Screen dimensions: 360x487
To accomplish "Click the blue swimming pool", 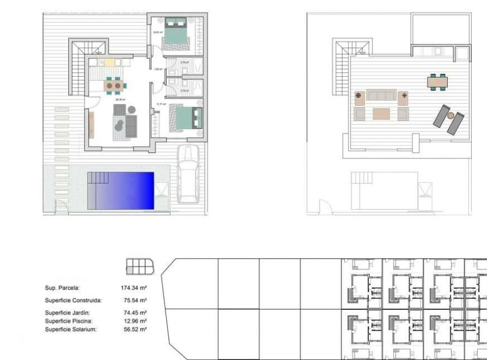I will (121, 190).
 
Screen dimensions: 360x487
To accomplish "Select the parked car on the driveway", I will (188, 173).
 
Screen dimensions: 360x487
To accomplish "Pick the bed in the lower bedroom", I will (187, 118).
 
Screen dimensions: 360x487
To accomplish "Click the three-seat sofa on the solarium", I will (381, 96).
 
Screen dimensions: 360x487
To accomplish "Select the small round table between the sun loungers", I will (451, 115).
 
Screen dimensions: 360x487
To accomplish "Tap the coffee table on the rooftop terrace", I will (381, 114).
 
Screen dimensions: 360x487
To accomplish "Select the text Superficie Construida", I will (73, 300).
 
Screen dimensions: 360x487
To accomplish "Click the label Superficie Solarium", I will (71, 329).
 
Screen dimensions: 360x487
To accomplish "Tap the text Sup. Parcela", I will (63, 288).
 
